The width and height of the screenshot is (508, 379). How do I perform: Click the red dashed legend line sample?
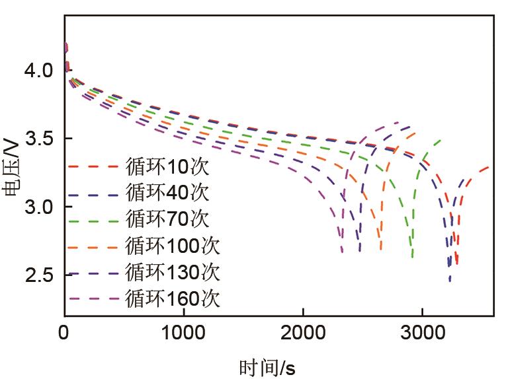[x=93, y=167]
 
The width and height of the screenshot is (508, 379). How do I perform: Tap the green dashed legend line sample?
[x=93, y=220]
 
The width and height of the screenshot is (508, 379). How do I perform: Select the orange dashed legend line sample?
[x=93, y=246]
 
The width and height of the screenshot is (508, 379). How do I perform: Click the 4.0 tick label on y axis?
[x=39, y=70]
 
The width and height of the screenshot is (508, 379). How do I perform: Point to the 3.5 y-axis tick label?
[x=39, y=139]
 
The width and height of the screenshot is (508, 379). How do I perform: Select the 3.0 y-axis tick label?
[x=39, y=207]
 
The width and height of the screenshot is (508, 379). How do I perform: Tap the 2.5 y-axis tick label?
[x=39, y=275]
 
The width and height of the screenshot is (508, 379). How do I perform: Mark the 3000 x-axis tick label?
[x=421, y=333]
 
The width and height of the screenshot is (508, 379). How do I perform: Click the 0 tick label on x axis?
[x=64, y=333]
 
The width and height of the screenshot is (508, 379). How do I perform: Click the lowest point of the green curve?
[x=412, y=256]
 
